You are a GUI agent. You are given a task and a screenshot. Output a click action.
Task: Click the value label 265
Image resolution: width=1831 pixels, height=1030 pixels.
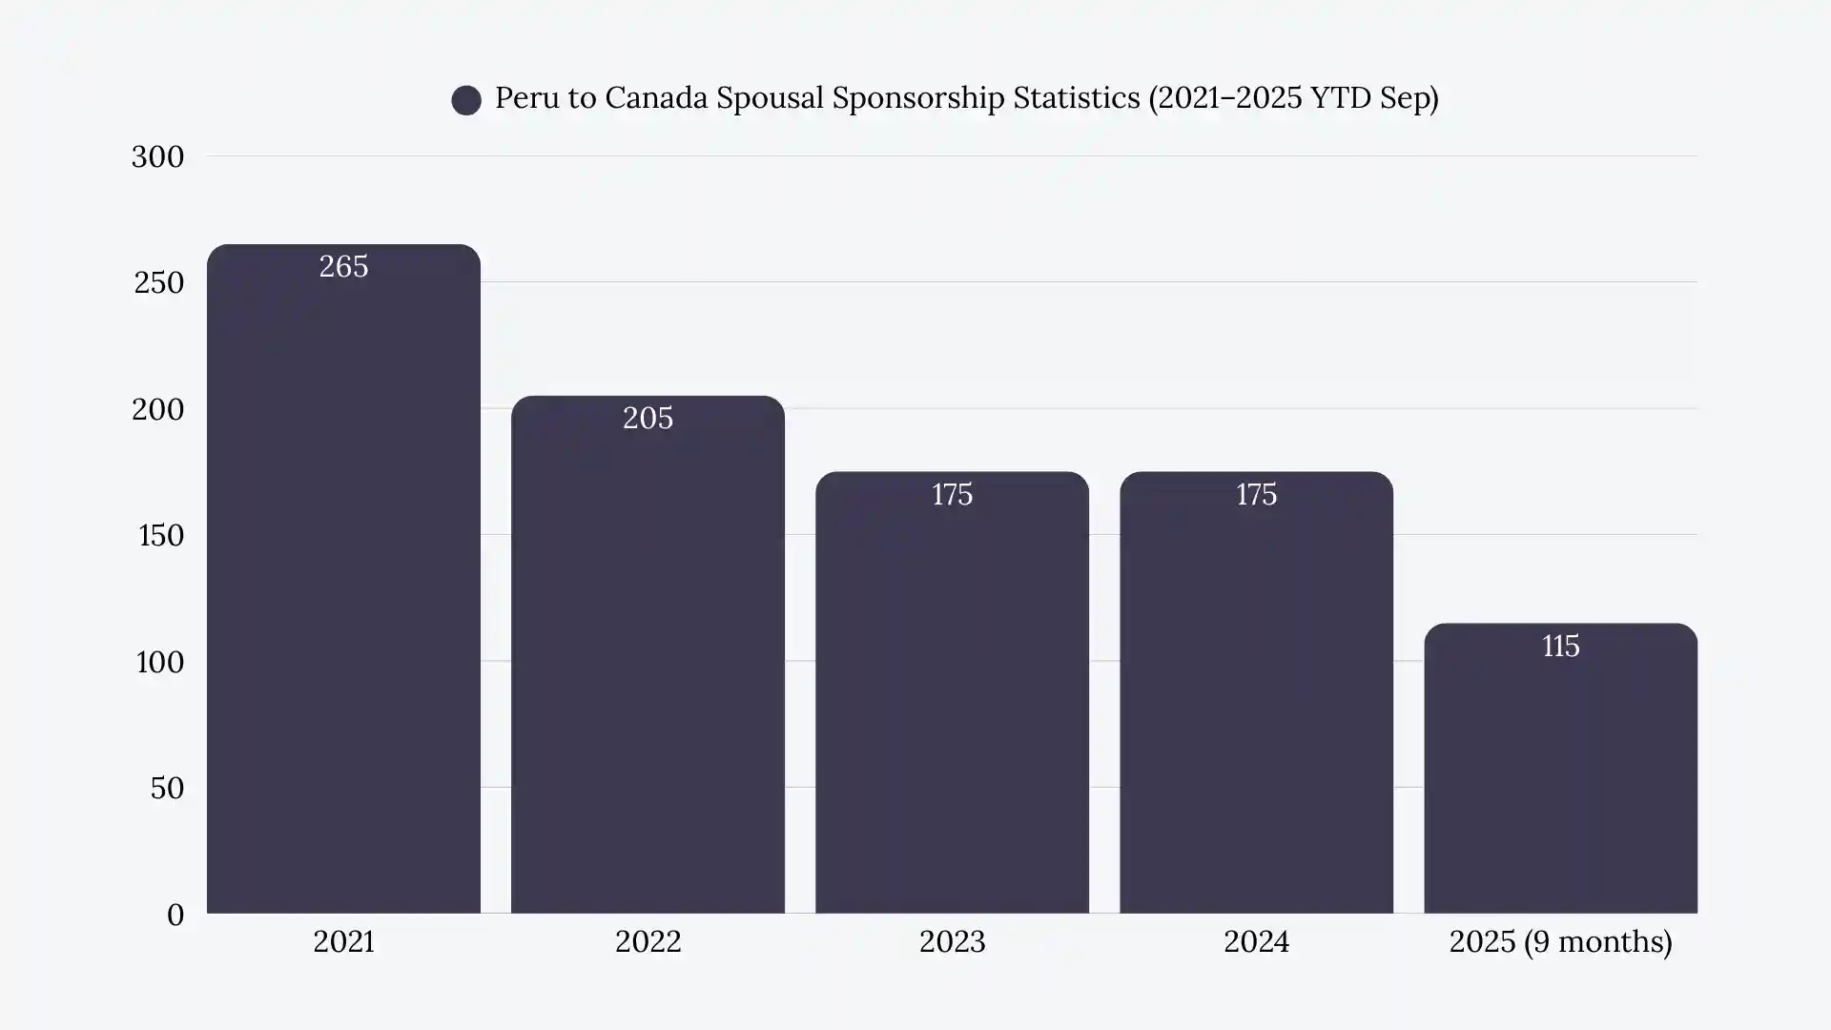coord(343,266)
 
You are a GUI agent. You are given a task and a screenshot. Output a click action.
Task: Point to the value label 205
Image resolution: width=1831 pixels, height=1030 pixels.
coord(648,418)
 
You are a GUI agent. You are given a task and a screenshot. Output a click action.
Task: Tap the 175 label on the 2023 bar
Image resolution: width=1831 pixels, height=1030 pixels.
coord(952,494)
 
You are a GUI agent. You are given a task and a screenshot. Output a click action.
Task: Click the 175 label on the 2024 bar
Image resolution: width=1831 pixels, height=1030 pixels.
coord(1256,494)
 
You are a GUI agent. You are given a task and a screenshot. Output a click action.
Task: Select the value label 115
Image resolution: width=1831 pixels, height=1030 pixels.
coord(1560,646)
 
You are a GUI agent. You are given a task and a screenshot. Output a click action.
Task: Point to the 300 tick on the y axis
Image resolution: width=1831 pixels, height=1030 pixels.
coord(157,156)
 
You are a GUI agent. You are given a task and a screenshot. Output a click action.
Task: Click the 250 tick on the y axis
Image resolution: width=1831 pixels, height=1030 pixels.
coord(158,282)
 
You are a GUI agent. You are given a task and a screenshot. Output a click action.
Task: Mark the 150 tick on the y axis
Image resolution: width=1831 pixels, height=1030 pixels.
coord(161,535)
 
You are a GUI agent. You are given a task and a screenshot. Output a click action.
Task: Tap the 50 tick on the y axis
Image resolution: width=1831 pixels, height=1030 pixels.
coord(167,788)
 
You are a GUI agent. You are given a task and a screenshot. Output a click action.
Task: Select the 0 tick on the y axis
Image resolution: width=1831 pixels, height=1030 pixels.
coord(175,915)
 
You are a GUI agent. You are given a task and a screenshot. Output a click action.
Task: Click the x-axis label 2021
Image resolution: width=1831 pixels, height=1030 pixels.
coord(343,941)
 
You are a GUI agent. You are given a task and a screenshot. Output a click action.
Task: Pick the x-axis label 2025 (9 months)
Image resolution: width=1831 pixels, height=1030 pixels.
coord(1560,941)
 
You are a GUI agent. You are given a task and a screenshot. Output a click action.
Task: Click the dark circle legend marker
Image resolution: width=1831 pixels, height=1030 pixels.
coord(466,100)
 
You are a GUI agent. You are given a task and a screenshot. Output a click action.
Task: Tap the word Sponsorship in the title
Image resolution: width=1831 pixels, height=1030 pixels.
coord(917,97)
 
